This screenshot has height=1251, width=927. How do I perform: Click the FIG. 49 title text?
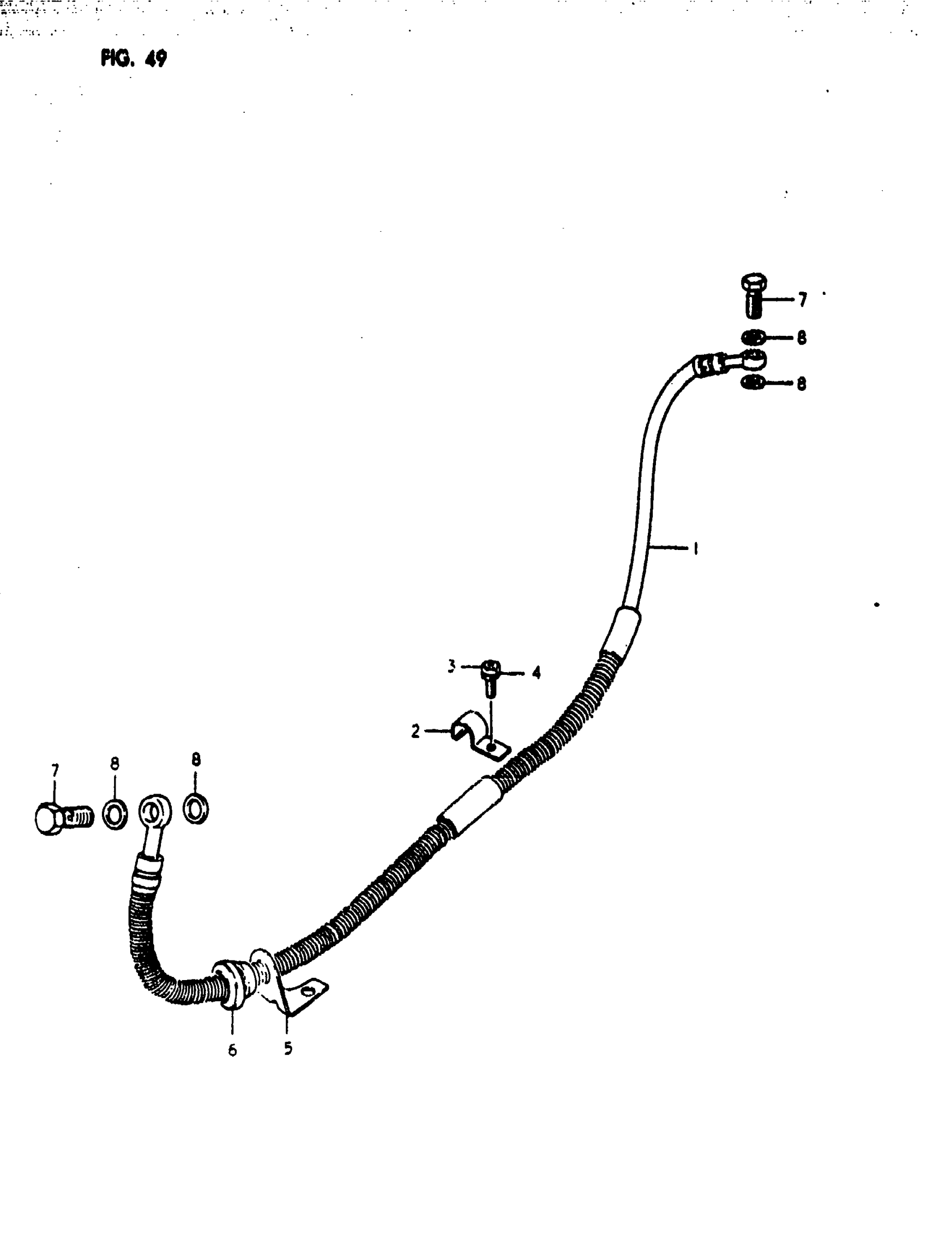pyautogui.click(x=134, y=58)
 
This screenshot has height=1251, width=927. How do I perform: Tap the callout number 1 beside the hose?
pyautogui.click(x=696, y=548)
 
